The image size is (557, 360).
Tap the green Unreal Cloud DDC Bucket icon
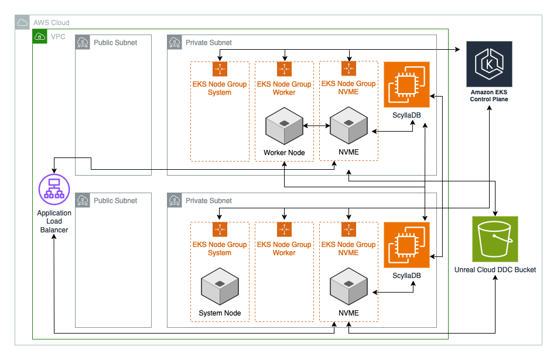point(496,239)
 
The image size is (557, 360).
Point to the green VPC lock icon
point(40,36)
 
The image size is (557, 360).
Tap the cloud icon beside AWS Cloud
point(22,23)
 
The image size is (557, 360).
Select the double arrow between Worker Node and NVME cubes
point(316,125)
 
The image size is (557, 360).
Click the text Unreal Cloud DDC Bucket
point(495,270)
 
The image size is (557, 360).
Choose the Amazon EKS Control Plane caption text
point(489,96)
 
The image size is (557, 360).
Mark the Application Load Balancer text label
point(54,221)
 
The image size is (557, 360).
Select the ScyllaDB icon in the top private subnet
point(406,84)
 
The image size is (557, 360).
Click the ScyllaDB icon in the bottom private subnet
point(406,245)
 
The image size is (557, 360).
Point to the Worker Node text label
point(284,153)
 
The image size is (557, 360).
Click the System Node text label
point(220,313)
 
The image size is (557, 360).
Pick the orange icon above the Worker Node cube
point(284,70)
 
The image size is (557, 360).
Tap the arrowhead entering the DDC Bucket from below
point(496,279)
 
